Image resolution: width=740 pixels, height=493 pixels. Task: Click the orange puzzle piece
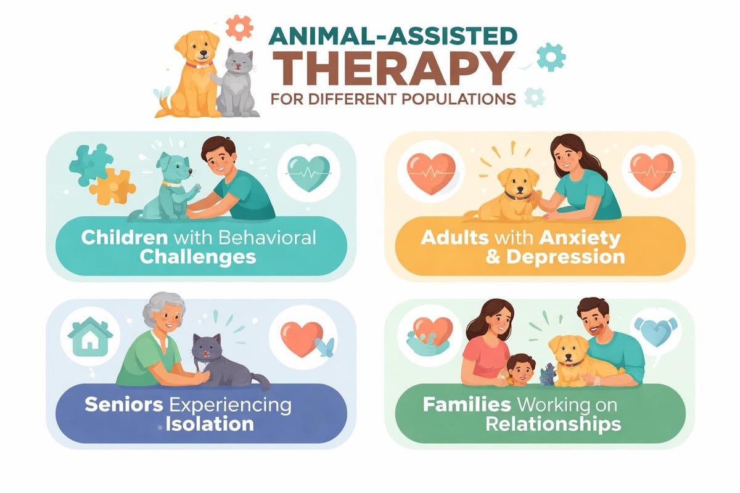tap(112, 187)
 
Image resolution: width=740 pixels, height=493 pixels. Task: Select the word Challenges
tap(197, 256)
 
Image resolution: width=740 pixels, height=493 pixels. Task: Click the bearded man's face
tap(594, 320)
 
